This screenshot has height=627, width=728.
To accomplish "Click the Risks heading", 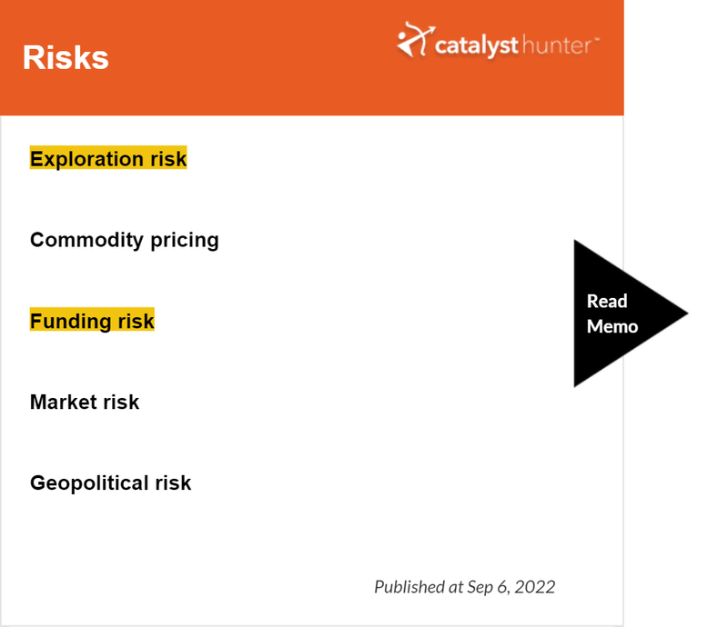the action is click(66, 57).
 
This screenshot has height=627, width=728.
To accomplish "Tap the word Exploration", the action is click(86, 159).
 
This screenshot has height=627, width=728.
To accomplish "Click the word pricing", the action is click(185, 241).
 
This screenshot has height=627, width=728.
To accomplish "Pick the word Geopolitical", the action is click(89, 483).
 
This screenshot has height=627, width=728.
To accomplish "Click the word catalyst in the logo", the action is click(476, 46).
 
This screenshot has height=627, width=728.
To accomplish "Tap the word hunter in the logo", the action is click(557, 45).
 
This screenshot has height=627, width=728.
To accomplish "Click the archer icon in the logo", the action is click(416, 39).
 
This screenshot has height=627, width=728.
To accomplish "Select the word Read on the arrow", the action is click(607, 301).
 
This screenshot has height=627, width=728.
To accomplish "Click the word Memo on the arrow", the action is click(612, 326).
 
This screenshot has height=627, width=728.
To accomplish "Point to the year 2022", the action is click(535, 587).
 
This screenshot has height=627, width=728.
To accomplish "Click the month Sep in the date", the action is click(480, 588).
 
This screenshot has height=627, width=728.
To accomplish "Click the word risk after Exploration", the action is click(168, 159).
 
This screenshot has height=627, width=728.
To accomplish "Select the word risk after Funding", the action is click(136, 321).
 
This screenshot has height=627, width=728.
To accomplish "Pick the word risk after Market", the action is click(121, 402).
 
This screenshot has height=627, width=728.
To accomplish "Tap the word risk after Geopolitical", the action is click(173, 483).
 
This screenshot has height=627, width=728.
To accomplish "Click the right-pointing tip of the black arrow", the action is click(688, 313).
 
